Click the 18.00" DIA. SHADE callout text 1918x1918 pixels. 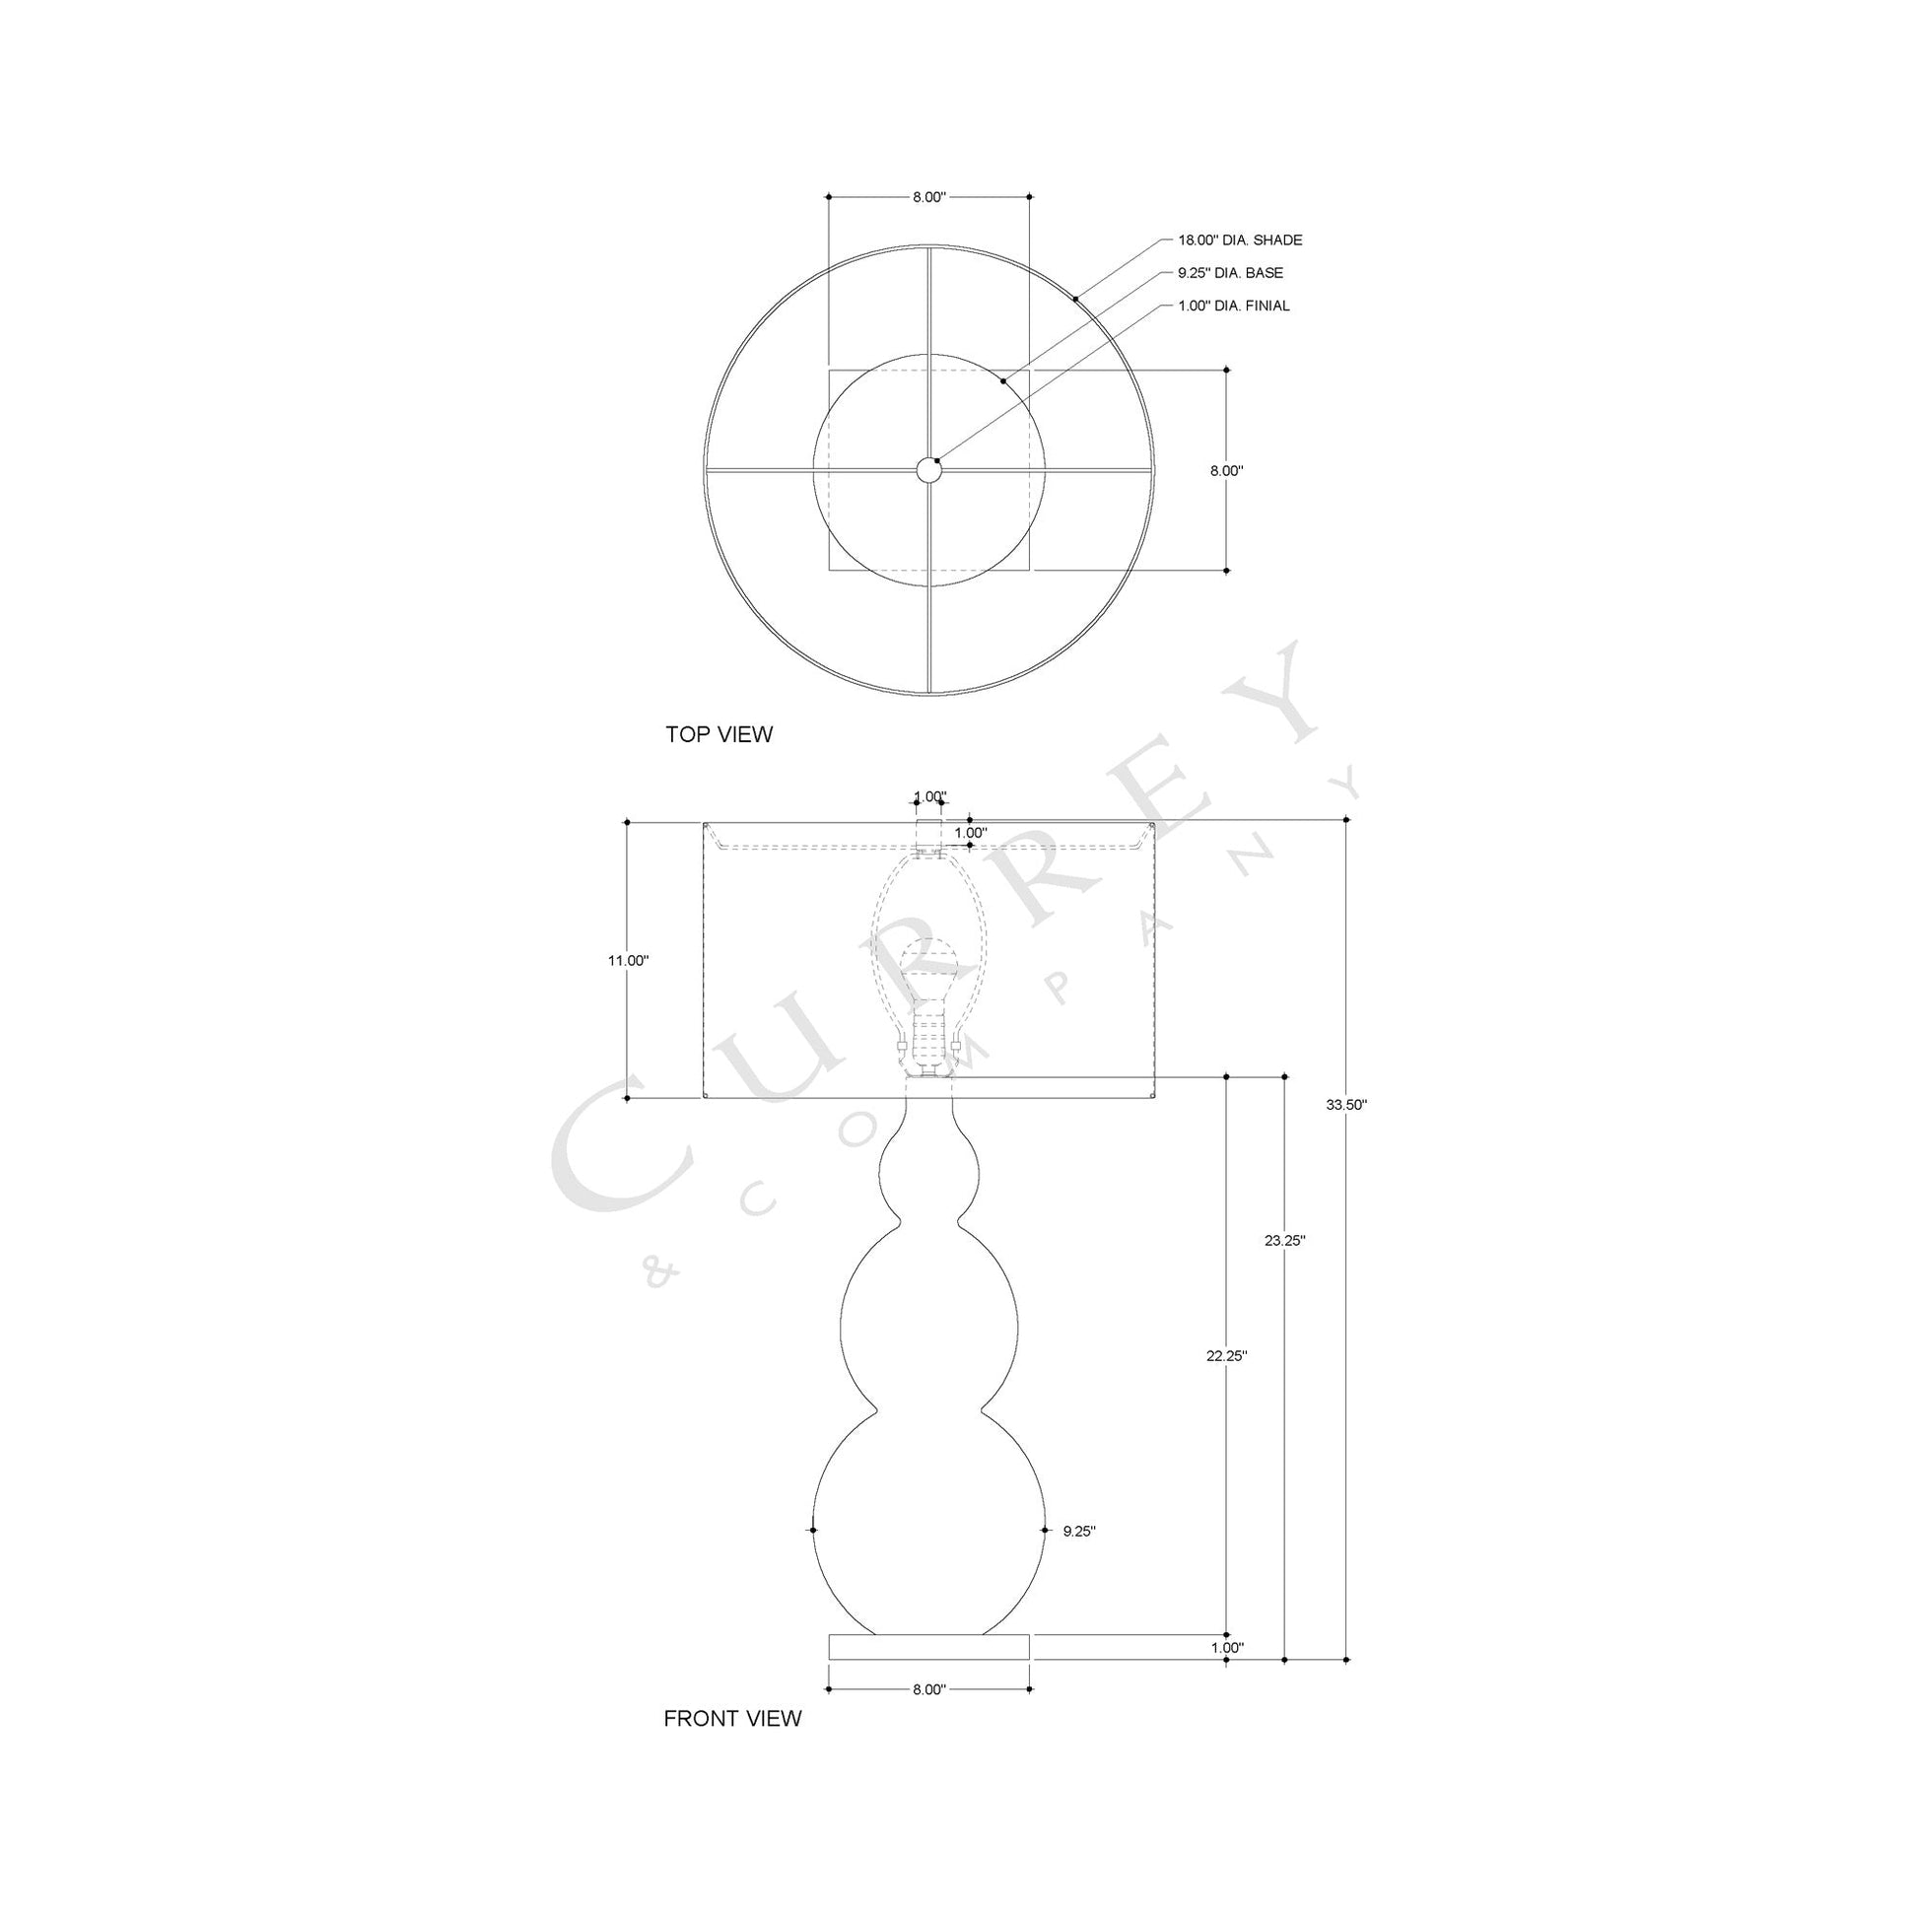[1240, 240]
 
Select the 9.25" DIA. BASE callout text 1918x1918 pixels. [1230, 273]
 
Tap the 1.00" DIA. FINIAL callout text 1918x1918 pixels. [1234, 306]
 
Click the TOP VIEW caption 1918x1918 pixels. [719, 734]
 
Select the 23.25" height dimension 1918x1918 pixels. [1284, 1240]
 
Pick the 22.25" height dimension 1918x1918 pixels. [1227, 1354]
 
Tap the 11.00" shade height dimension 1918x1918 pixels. [629, 960]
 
